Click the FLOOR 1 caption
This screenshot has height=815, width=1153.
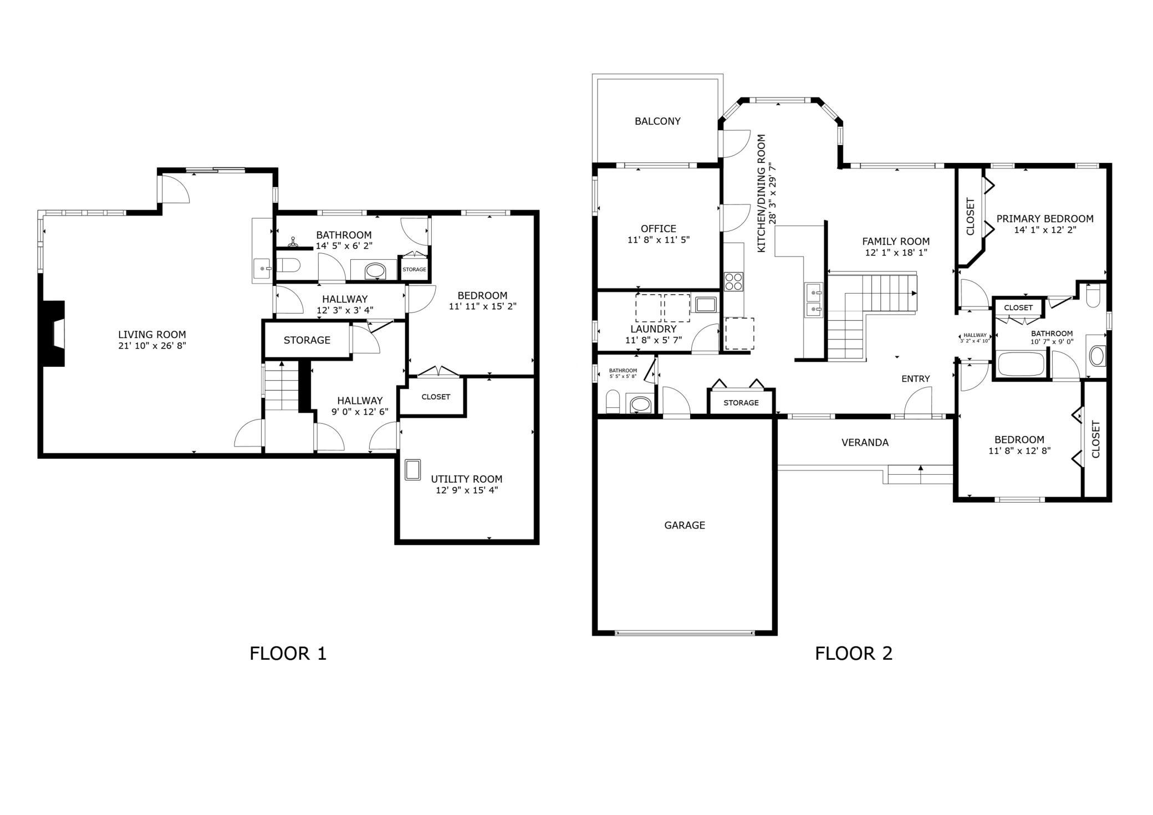point(288,654)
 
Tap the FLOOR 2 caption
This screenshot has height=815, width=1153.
point(854,654)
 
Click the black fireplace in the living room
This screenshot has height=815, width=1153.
point(54,334)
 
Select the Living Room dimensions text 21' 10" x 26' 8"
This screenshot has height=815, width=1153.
point(152,346)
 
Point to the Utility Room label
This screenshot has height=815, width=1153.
point(467,479)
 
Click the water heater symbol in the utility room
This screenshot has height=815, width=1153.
point(412,470)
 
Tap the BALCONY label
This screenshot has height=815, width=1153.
point(657,121)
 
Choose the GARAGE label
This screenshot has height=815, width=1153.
point(685,525)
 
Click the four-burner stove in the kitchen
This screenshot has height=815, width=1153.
point(733,281)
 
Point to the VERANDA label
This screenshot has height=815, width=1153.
point(865,443)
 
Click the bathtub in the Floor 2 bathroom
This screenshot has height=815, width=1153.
point(1021,364)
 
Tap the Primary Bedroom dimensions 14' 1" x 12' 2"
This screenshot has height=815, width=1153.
point(1045,230)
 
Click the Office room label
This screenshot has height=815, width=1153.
point(659,228)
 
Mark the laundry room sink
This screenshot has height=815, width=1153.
point(706,305)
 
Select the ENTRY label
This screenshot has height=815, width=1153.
point(916,379)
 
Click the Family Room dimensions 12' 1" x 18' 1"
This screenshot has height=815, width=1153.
point(896,253)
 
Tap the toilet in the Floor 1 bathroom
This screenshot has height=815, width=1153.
point(288,265)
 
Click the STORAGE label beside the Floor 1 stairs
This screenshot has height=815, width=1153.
point(307,340)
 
